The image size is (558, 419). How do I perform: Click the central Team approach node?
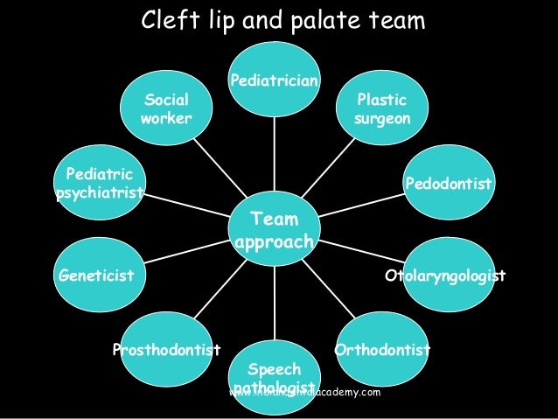tap(274, 230)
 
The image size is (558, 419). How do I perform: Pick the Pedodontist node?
tap(447, 185)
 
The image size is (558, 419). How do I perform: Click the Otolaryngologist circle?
tap(445, 276)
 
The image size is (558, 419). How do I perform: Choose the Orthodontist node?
tap(382, 350)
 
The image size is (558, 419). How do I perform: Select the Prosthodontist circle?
tap(165, 350)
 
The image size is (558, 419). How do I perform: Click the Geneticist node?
tap(97, 276)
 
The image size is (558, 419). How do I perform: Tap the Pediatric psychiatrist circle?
tap(99, 183)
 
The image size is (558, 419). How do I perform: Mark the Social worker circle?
tap(166, 109)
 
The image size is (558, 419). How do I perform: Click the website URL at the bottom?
tap(304, 393)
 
